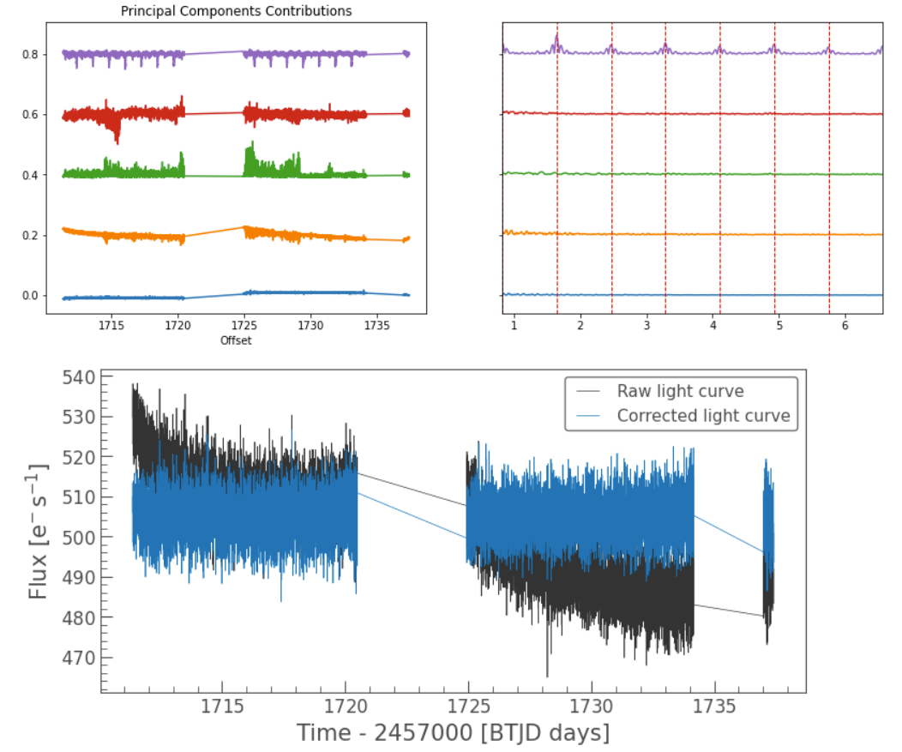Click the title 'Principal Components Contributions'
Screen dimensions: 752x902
tap(236, 10)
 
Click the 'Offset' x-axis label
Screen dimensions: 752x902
tap(236, 340)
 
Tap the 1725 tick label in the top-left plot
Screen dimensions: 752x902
tap(244, 326)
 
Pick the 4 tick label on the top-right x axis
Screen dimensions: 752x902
tap(713, 326)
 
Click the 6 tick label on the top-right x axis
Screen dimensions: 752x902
tap(845, 326)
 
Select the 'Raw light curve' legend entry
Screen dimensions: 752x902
tap(680, 391)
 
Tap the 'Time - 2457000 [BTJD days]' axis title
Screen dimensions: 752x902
tap(454, 734)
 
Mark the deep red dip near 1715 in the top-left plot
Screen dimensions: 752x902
tap(117, 140)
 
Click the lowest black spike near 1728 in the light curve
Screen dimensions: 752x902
tap(547, 676)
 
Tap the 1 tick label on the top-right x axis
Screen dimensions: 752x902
tap(514, 326)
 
